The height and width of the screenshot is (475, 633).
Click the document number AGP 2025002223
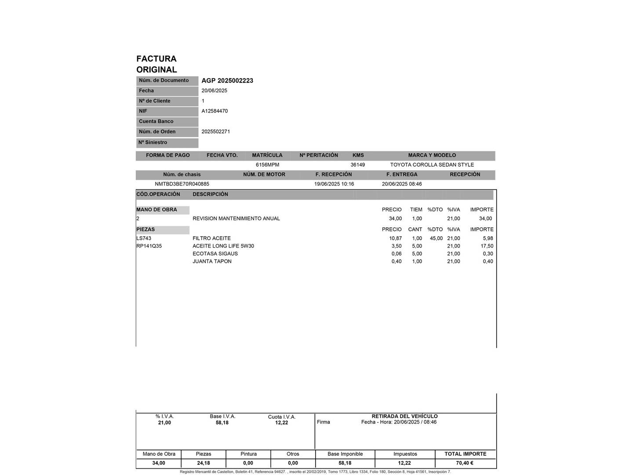(227, 80)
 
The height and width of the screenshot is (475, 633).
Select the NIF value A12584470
(215, 111)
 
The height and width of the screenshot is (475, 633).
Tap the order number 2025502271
(216, 132)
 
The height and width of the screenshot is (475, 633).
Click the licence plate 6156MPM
(267, 165)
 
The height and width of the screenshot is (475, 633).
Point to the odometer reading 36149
(357, 165)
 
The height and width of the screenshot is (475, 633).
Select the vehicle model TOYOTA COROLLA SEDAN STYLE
(432, 165)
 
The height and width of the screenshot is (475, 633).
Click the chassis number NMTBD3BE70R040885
(182, 184)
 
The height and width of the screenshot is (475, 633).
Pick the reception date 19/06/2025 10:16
(334, 184)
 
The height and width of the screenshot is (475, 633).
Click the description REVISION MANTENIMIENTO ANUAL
(236, 219)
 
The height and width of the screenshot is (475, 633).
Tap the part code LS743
(144, 238)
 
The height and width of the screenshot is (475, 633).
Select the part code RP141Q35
(149, 246)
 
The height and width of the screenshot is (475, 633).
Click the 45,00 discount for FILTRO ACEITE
(436, 238)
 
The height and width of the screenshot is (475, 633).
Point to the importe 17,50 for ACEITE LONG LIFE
(487, 246)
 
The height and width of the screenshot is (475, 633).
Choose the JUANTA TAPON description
(212, 262)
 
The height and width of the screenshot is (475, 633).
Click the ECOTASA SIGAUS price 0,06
(397, 254)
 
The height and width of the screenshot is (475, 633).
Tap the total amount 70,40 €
(465, 463)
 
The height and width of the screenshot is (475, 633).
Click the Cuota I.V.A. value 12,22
(282, 423)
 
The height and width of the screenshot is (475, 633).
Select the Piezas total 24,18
(204, 463)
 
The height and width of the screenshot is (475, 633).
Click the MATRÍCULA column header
(267, 155)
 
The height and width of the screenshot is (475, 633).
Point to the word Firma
(323, 422)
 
